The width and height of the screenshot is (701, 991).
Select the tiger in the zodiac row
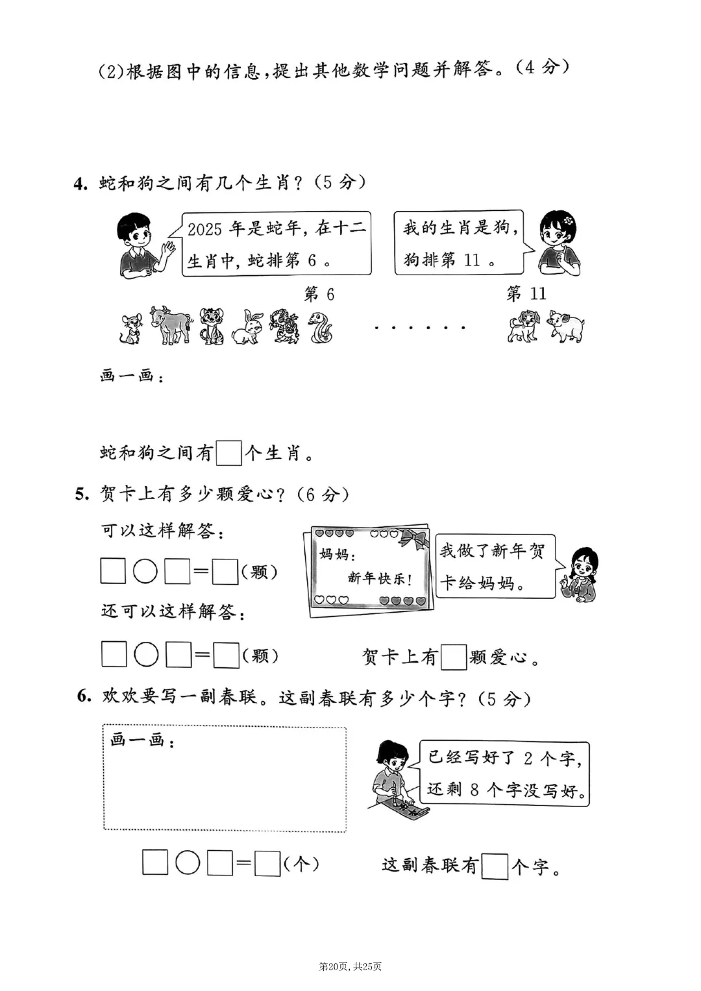tap(212, 325)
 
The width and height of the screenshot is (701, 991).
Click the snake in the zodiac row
tap(320, 326)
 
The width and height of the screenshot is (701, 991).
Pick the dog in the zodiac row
tap(523, 326)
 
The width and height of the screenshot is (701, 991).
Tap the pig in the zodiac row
tap(565, 326)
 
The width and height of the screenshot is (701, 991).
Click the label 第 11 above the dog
tap(526, 294)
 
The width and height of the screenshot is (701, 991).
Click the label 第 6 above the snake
tap(319, 295)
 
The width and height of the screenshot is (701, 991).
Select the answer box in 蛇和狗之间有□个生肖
tap(228, 452)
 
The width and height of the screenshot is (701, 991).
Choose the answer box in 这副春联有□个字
tap(495, 866)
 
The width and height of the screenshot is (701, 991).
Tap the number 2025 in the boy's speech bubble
tap(204, 229)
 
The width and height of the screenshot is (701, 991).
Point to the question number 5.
tap(81, 495)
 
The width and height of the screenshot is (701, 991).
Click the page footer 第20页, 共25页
tap(350, 966)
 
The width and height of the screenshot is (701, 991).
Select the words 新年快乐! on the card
tap(380, 578)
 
